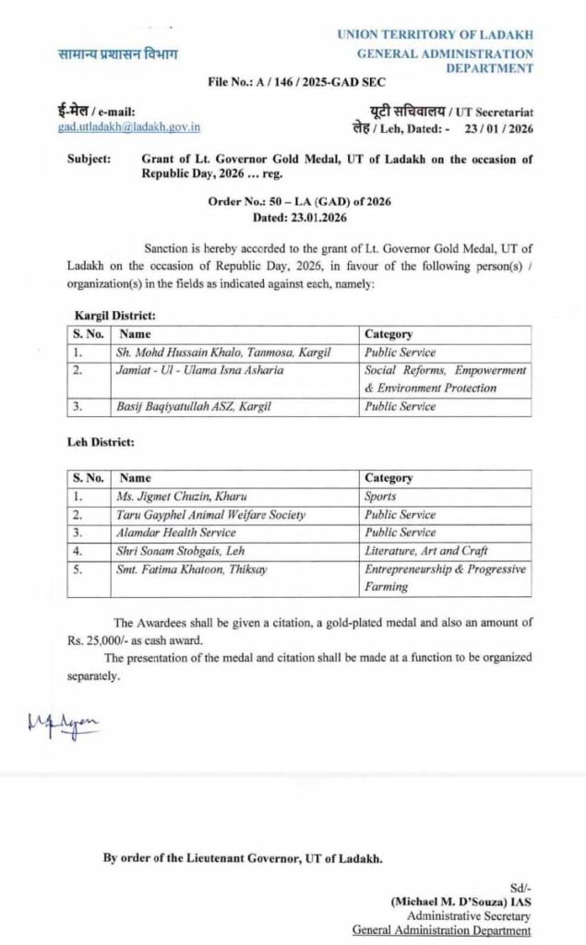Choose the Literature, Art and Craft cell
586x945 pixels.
tap(425, 551)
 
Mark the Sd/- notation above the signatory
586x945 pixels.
tap(520, 886)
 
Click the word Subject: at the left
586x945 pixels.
tap(89, 159)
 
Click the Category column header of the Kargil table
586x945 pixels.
tap(389, 334)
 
